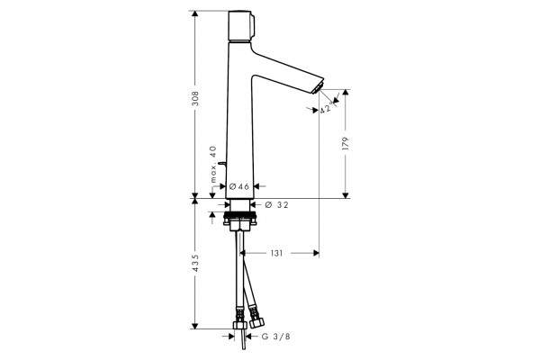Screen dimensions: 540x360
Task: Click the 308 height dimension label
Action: (x=195, y=98)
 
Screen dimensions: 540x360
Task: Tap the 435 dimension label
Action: (x=195, y=263)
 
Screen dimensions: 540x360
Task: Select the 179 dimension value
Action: (x=346, y=143)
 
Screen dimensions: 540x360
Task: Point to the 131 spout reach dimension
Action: (x=276, y=253)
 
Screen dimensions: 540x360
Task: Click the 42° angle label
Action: (x=326, y=108)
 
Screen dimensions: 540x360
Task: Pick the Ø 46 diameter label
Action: (x=238, y=186)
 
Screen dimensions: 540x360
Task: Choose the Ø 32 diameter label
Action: (x=276, y=205)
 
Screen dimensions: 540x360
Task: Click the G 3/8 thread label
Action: (x=276, y=337)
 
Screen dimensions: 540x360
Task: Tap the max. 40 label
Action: (x=213, y=164)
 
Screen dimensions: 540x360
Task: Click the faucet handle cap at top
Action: (x=240, y=26)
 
